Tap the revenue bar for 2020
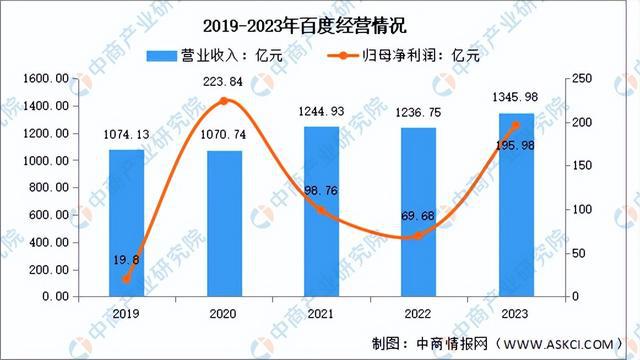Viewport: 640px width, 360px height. tap(224, 223)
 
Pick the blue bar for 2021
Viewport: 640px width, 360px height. tap(322, 211)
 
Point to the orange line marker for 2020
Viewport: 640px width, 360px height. tap(224, 101)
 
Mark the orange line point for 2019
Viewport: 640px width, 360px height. tap(126, 279)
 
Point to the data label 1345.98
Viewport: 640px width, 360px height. tap(517, 97)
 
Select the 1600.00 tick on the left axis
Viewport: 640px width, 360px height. tap(47, 78)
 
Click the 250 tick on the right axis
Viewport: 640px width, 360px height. tap(580, 78)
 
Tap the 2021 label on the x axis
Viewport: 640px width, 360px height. tap(322, 313)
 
